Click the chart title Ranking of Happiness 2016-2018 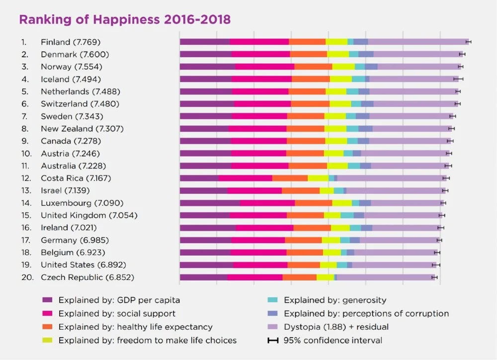(x=124, y=20)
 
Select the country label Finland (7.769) (x=74, y=42)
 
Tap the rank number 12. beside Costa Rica (x=27, y=178)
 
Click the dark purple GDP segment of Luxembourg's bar (x=209, y=203)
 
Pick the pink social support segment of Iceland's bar (x=261, y=79)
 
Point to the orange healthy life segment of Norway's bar (x=313, y=67)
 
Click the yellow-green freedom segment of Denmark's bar (x=338, y=54)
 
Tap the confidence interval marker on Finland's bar (x=468, y=42)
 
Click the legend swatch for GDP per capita (x=48, y=300)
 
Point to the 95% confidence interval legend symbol (x=273, y=341)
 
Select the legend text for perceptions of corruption (x=366, y=314)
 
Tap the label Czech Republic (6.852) (x=87, y=277)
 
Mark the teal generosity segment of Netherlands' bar (x=352, y=91)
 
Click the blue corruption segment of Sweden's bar (x=362, y=116)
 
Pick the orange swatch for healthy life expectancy (x=48, y=327)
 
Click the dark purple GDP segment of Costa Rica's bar (x=199, y=178)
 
